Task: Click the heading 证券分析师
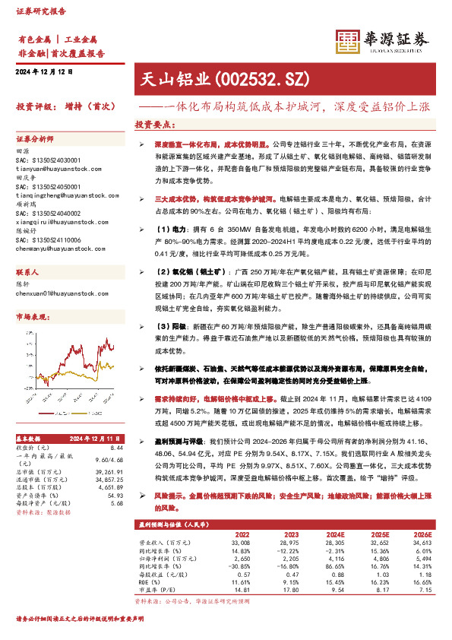point(36,139)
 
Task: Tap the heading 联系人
point(27,271)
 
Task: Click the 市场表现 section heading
point(33,316)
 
